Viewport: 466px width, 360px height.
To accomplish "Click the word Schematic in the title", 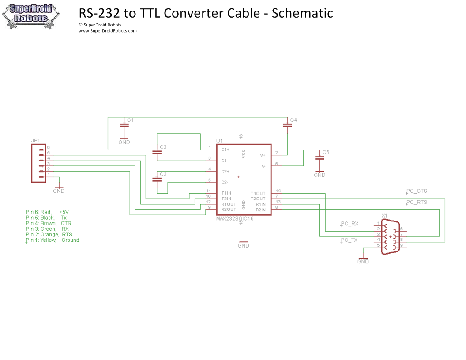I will tap(302, 13).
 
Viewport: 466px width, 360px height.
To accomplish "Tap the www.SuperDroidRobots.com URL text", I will tap(108, 31).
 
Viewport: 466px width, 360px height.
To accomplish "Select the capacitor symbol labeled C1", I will tap(124, 125).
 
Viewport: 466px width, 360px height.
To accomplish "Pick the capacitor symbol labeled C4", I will tap(288, 125).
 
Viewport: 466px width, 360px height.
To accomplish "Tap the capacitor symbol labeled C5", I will tap(319, 157).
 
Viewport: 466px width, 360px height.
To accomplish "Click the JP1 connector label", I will tap(35, 141).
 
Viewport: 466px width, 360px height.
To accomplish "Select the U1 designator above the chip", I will tap(219, 141).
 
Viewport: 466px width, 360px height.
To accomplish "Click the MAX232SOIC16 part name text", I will tap(235, 219).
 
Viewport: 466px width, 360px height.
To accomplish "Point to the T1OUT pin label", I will tap(258, 193).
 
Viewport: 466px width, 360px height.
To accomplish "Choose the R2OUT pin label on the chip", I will tap(229, 210).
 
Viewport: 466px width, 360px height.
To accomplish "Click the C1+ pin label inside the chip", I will tap(225, 150).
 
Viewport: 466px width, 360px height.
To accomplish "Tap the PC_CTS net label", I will tap(417, 191).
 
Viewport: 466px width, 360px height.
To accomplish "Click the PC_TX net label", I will tap(349, 240).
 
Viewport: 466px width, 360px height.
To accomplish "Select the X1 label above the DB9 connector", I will tap(384, 215).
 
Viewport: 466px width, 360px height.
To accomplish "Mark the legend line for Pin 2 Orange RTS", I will tap(49, 235).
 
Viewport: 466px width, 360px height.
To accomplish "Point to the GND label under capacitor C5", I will tap(319, 175).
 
